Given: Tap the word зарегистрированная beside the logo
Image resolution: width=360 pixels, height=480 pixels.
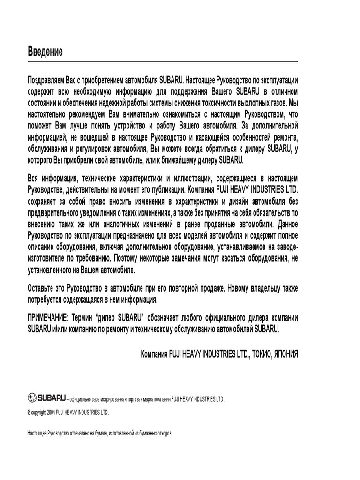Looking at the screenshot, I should coord(112,399).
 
